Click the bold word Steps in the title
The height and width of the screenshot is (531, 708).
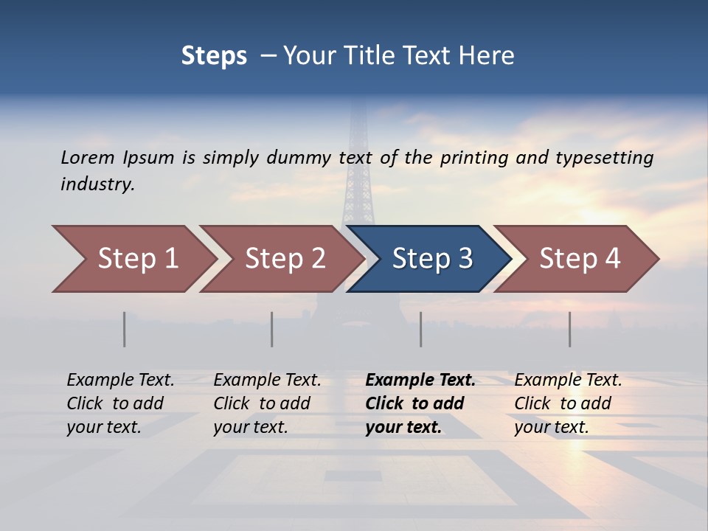(214, 56)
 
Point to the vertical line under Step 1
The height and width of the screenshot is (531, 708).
(125, 329)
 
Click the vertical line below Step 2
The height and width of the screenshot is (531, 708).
(272, 329)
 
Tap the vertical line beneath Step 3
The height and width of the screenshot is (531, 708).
(421, 329)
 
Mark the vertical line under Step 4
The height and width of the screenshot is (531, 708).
(570, 329)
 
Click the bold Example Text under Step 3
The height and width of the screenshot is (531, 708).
(420, 381)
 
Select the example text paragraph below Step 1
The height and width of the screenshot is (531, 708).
(120, 403)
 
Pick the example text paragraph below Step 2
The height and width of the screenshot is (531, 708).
(267, 403)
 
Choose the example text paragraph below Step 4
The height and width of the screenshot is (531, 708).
(568, 403)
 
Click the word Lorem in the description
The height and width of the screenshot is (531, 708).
(88, 158)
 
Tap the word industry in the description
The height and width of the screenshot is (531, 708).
(97, 184)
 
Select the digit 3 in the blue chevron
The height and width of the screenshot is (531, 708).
(465, 259)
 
